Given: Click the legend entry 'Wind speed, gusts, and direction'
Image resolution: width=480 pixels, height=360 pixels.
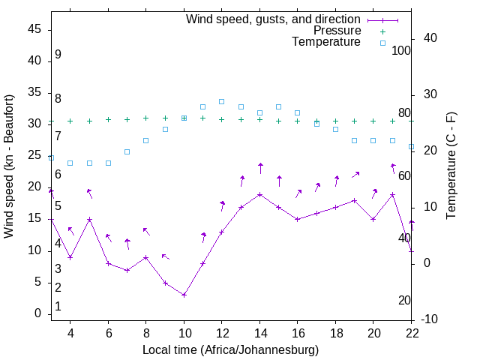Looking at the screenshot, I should tap(274, 19).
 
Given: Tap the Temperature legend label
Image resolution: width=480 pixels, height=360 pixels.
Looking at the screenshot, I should tap(326, 43).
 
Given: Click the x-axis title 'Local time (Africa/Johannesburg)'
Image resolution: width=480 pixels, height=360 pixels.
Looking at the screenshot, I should tap(230, 350).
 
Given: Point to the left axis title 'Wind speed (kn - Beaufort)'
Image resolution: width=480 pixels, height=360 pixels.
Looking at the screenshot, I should tap(9, 166).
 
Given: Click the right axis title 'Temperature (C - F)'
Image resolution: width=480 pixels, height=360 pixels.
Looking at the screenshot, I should tap(451, 166).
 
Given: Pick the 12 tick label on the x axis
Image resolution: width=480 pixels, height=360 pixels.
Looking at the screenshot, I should tap(222, 332).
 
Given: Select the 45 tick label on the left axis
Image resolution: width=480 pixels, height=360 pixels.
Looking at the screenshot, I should tap(34, 29).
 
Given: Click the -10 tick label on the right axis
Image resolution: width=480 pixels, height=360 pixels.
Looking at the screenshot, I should tap(431, 319).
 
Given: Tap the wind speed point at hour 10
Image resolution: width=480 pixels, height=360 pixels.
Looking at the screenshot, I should tap(184, 295).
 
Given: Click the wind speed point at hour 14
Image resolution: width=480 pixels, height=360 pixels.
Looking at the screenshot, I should tap(260, 194).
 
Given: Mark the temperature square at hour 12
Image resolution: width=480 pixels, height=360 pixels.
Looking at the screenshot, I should tap(222, 101).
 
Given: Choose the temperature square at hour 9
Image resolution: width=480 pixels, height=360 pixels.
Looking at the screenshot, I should tap(165, 129).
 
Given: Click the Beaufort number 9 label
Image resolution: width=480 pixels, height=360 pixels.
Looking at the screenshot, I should tap(58, 55).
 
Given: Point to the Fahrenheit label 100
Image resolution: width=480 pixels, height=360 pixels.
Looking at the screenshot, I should tap(401, 50).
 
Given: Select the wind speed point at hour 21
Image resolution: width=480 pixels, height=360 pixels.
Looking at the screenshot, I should tap(393, 194).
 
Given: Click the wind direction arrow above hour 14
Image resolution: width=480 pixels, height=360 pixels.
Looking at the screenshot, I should tap(260, 168).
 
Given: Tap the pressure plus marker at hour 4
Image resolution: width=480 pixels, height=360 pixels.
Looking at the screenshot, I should tap(70, 121).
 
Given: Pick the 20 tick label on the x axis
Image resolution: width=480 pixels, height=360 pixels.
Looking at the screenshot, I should tap(374, 332).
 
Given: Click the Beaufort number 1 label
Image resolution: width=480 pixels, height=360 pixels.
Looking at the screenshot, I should tap(58, 307).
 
